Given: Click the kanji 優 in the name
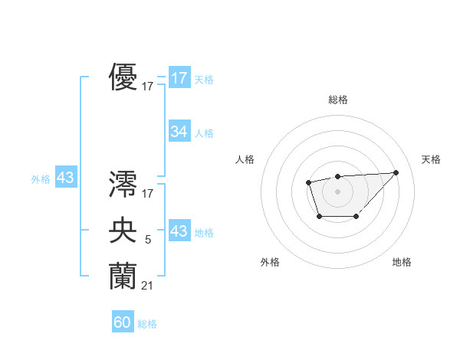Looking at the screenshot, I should [123, 77].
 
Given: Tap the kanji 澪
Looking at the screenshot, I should [123, 184].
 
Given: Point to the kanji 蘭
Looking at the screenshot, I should [123, 276].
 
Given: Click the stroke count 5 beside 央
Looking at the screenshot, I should [147, 241].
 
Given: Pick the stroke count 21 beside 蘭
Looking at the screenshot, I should [147, 286].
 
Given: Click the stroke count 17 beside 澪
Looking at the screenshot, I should [148, 194].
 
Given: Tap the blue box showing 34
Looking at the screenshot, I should [179, 132].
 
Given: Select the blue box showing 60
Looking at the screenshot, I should [123, 323].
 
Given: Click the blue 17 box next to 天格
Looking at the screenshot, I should [179, 77].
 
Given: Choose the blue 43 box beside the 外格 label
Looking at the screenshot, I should [65, 178].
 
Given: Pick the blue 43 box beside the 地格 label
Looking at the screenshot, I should [179, 231].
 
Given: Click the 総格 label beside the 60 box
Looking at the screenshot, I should [147, 324].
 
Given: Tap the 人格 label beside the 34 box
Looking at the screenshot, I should [204, 133].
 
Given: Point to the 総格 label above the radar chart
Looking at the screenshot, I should [337, 100].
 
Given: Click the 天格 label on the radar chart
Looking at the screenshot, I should [431, 159].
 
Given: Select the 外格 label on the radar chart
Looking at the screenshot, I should [270, 262].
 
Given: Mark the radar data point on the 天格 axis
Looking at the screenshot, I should [396, 172].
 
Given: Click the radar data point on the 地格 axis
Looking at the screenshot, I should [356, 218].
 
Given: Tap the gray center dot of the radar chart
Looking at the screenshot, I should [337, 191].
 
